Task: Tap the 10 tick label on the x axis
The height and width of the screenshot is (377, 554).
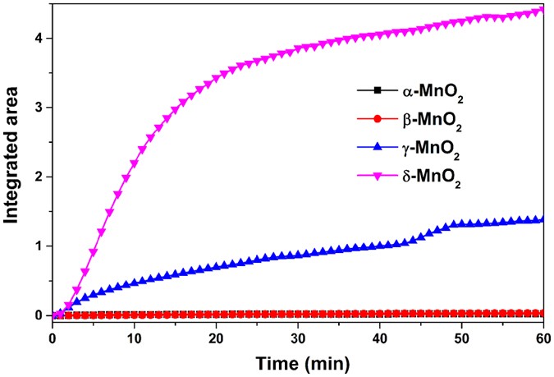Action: point(134,338)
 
